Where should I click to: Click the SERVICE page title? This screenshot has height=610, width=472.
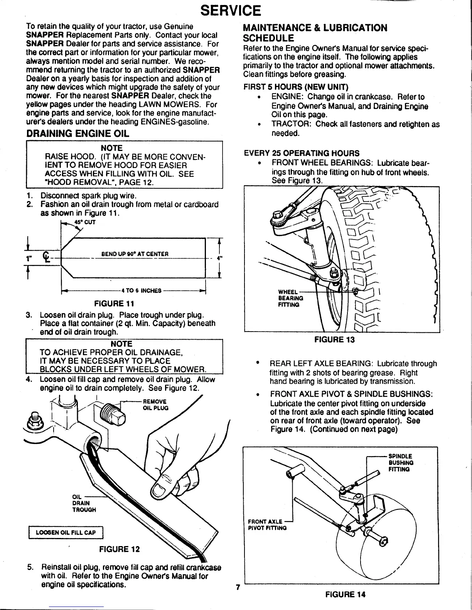(236, 11)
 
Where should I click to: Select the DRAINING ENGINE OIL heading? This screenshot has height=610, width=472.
(77, 134)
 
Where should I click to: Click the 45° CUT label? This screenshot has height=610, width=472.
(86, 222)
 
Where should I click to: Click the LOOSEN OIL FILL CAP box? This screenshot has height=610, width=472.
(66, 533)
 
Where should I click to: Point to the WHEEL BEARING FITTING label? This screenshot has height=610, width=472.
(290, 298)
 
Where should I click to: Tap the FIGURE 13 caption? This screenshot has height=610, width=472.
(334, 339)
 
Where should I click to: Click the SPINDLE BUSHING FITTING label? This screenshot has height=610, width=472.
(401, 463)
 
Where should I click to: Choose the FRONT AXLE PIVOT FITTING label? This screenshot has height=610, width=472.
(267, 525)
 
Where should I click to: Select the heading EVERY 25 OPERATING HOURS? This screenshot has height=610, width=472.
(302, 153)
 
